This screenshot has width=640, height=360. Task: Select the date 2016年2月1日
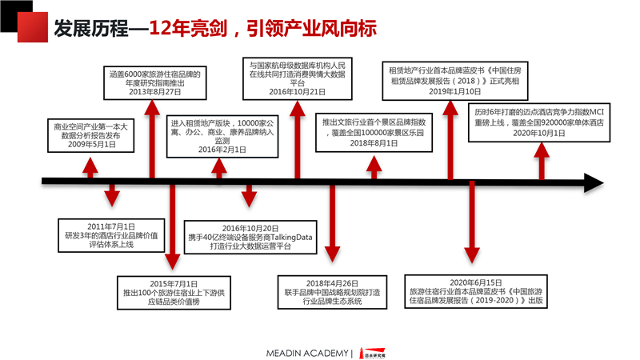(211, 149)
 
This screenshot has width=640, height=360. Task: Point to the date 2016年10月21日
(298, 92)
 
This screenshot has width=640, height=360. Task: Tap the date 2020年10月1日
(538, 134)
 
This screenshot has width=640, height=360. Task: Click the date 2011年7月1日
(111, 227)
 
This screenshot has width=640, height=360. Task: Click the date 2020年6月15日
(475, 282)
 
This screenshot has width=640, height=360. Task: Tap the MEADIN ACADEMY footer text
(307, 353)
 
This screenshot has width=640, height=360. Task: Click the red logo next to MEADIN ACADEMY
(370, 353)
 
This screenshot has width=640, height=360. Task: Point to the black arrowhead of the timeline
(593, 182)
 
